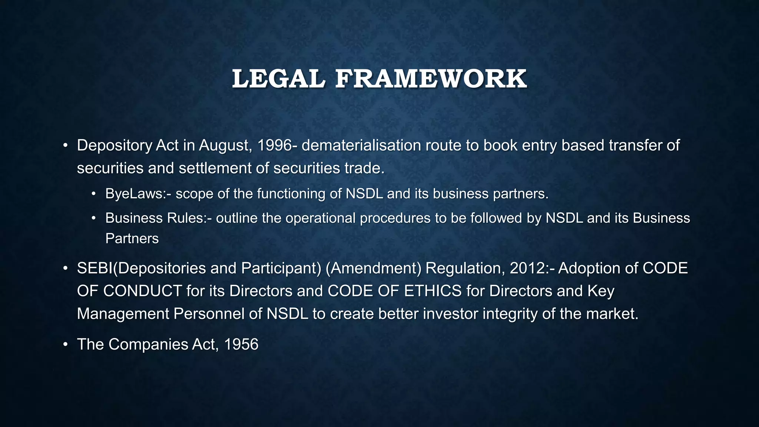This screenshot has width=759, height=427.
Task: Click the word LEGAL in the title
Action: (x=278, y=79)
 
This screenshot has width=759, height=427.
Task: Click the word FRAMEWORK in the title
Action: (x=431, y=79)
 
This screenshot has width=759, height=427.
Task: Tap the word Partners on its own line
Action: (x=132, y=238)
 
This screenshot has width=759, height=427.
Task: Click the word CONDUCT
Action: (x=143, y=291)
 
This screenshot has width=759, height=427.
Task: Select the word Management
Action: (x=123, y=314)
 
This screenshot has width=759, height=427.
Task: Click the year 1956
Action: (x=241, y=344)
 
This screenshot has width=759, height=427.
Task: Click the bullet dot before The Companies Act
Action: (x=65, y=345)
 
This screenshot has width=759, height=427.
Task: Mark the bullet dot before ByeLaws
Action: (x=94, y=194)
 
